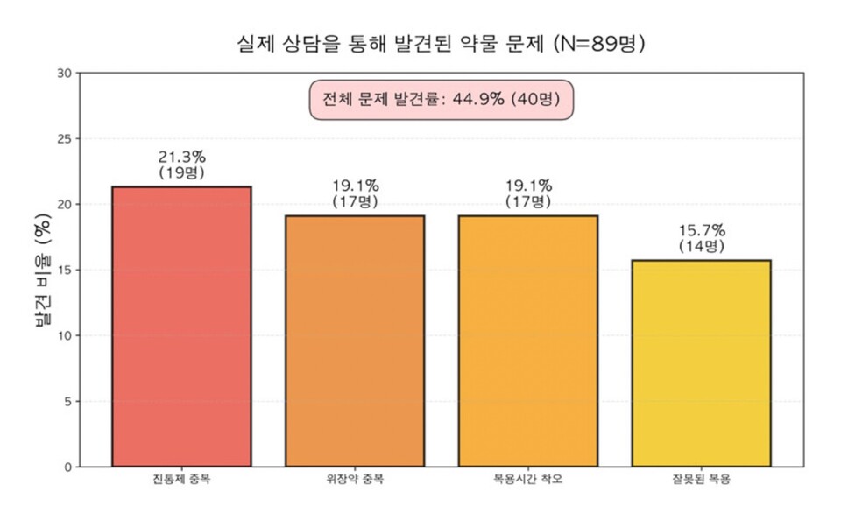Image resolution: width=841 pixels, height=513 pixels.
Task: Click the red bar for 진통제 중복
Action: [181, 327]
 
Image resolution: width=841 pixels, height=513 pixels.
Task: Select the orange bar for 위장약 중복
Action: [355, 341]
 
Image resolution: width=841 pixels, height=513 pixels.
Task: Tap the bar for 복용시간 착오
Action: [527, 341]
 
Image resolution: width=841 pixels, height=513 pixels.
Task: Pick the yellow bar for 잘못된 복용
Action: [701, 363]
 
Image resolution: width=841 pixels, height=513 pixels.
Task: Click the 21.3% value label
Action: [181, 158]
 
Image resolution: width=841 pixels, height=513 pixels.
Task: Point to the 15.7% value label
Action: [701, 231]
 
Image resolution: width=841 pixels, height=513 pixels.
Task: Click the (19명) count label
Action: [181, 173]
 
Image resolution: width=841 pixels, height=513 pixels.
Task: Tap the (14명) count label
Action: [701, 247]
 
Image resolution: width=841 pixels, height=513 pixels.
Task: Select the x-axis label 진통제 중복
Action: [181, 480]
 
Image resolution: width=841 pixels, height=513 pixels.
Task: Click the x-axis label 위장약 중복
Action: [355, 480]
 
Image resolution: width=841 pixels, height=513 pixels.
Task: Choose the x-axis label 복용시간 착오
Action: [527, 480]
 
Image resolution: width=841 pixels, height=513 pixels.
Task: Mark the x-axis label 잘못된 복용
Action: [701, 480]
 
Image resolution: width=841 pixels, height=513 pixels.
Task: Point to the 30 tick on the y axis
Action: [64, 74]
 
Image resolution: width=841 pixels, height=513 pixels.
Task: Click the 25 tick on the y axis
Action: [64, 139]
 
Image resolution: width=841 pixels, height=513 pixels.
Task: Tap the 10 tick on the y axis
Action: [64, 336]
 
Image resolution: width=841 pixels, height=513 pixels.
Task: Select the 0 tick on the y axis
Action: [67, 467]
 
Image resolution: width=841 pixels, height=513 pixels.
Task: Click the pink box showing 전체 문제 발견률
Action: [441, 99]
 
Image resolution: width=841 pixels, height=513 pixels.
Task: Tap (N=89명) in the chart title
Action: [600, 43]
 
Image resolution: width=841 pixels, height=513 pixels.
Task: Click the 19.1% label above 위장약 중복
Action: [355, 186]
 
